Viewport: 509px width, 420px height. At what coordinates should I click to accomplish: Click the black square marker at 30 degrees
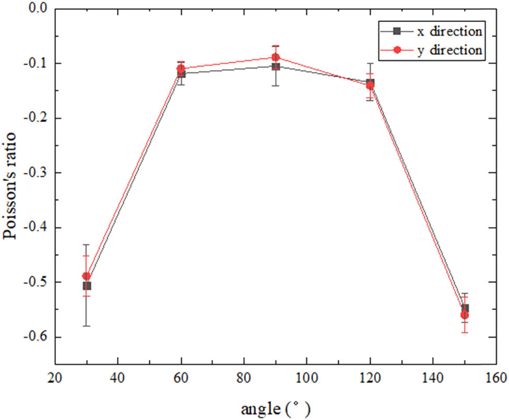coord(87,286)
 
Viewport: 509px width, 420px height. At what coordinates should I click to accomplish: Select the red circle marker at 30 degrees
coord(87,276)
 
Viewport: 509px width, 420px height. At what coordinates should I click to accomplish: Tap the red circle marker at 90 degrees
coord(276,57)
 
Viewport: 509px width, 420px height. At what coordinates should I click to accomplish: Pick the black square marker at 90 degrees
coord(276,66)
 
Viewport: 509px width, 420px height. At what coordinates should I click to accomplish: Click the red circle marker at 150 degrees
coord(465,315)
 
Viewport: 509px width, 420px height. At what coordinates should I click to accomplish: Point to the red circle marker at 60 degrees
coord(181,68)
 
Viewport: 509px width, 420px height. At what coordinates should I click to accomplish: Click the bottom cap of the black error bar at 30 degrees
coord(87,326)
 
